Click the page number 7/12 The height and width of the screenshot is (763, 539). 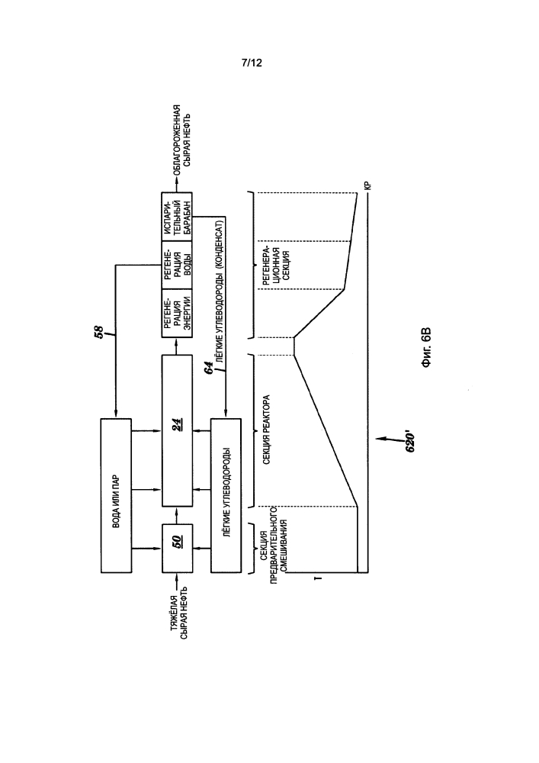click(252, 63)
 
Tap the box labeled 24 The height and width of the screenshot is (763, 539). click(177, 430)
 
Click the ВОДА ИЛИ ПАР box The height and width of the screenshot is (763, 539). click(116, 495)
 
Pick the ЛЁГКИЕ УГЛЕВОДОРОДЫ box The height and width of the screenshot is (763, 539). click(226, 495)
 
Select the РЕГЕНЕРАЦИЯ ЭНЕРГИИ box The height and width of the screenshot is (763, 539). click(177, 314)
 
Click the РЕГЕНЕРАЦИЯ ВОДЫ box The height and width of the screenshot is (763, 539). click(177, 265)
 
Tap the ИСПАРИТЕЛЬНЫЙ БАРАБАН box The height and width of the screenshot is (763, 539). click(177, 217)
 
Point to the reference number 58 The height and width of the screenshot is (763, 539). click(98, 333)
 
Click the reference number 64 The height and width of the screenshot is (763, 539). click(208, 368)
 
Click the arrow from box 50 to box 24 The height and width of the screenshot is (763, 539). click(177, 515)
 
